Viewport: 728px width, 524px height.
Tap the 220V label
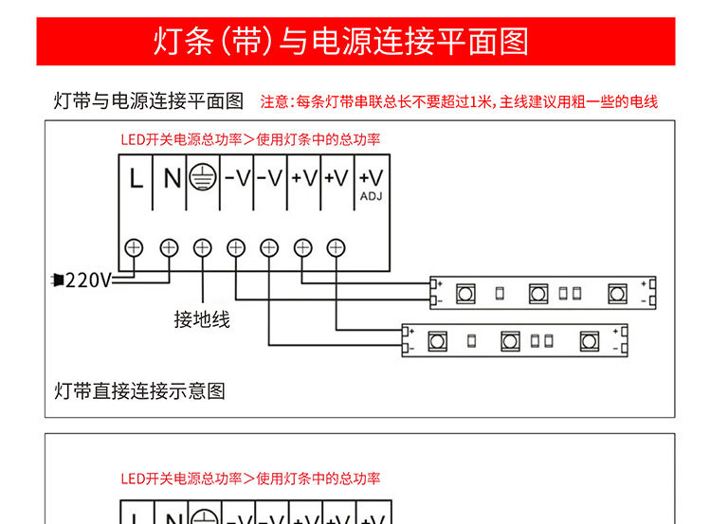pyautogui.click(x=87, y=280)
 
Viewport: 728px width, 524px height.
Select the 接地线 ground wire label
pyautogui.click(x=201, y=319)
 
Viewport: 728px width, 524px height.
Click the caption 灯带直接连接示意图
pyautogui.click(x=139, y=390)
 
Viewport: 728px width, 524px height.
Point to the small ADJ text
pyautogui.click(x=371, y=196)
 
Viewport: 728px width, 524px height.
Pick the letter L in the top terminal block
pyautogui.click(x=136, y=178)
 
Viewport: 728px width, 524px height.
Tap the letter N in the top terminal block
pyautogui.click(x=171, y=178)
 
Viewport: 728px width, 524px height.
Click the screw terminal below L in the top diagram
pyautogui.click(x=135, y=247)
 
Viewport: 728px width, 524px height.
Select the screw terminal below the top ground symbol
pyautogui.click(x=202, y=247)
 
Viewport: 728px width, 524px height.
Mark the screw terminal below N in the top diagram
pyautogui.click(x=169, y=247)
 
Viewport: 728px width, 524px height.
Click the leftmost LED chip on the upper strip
pyautogui.click(x=465, y=294)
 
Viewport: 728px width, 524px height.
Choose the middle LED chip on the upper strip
pyautogui.click(x=538, y=294)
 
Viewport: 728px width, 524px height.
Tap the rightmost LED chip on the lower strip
pyautogui.click(x=589, y=340)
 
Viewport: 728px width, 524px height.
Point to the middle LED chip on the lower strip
pyautogui.click(x=510, y=340)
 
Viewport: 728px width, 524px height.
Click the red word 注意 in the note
pyautogui.click(x=273, y=101)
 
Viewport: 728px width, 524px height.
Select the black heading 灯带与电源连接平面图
pyautogui.click(x=149, y=101)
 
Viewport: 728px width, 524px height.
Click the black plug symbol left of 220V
pyautogui.click(x=58, y=280)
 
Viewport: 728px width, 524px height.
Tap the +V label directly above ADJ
pyautogui.click(x=371, y=177)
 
